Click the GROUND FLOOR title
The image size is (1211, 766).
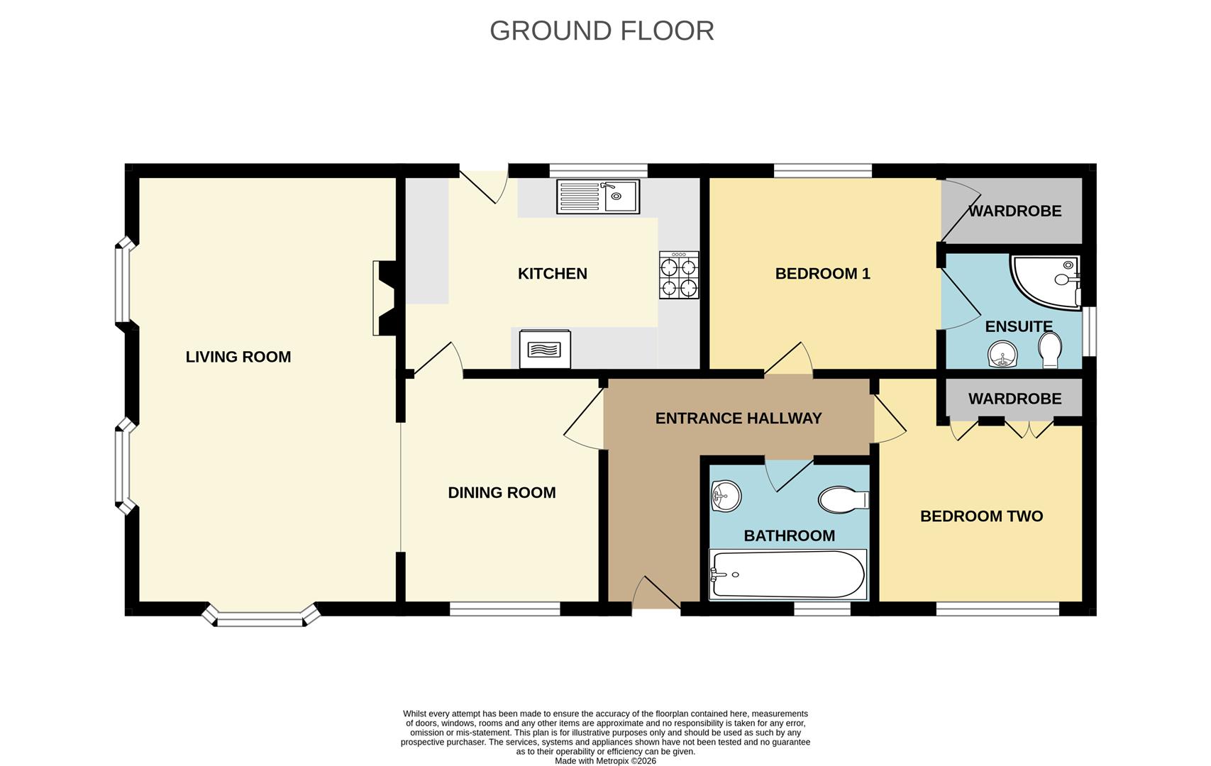point(602,30)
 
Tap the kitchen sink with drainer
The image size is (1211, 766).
point(598,196)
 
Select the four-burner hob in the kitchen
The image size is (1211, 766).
point(679,274)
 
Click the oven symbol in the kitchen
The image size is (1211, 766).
point(545,349)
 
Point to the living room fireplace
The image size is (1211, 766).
point(385,299)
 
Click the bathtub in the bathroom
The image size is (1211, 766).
point(788,574)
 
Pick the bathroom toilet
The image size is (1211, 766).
point(844,499)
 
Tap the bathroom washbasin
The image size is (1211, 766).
point(726,496)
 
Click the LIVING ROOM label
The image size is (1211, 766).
point(238,357)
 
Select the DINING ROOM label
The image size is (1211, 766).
point(502,492)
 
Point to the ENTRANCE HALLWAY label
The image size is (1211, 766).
point(739,418)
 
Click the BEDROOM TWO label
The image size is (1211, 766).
point(981,516)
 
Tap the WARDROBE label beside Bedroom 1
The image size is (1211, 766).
point(1014,211)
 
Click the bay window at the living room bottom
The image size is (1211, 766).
point(261,616)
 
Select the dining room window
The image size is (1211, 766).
point(505,609)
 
